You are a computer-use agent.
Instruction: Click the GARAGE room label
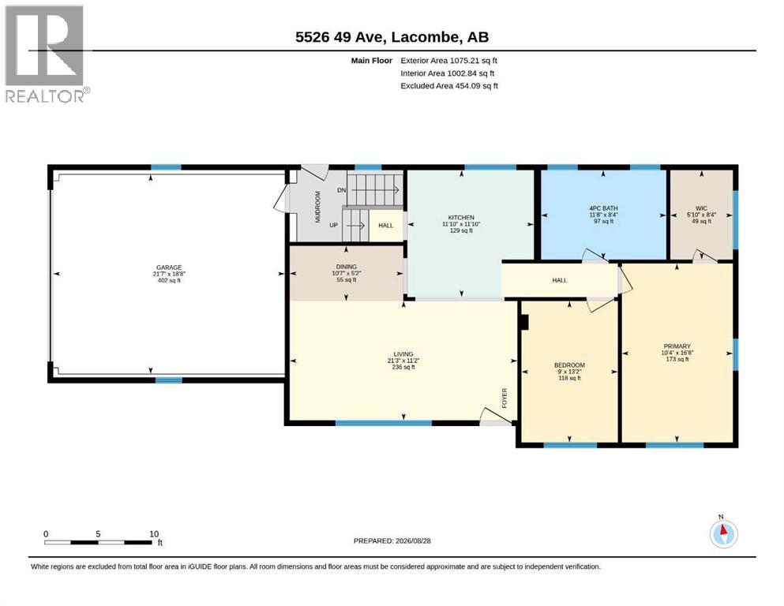click(x=169, y=267)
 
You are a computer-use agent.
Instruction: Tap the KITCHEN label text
click(x=461, y=217)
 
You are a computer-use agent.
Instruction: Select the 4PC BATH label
click(x=603, y=208)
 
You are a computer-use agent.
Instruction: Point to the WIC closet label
click(x=702, y=208)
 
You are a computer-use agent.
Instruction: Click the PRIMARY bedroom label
click(x=677, y=346)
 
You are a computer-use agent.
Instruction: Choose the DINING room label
click(x=346, y=267)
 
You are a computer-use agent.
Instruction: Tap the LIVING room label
click(x=403, y=353)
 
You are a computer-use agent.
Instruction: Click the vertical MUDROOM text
click(x=317, y=207)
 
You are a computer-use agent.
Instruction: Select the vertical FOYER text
click(x=505, y=398)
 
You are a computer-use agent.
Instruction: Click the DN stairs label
click(x=342, y=190)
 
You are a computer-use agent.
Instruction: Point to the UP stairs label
click(x=333, y=226)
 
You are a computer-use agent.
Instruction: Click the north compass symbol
click(x=723, y=533)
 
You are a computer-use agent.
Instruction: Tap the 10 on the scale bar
click(x=154, y=533)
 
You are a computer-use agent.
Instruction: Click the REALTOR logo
click(x=45, y=54)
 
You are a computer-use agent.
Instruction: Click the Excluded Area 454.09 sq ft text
click(x=449, y=86)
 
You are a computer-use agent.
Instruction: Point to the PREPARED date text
click(x=392, y=541)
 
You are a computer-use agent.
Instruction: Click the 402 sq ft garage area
click(x=169, y=280)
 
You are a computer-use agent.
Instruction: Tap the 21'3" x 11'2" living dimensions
click(x=403, y=360)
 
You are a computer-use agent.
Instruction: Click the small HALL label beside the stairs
click(x=385, y=226)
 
